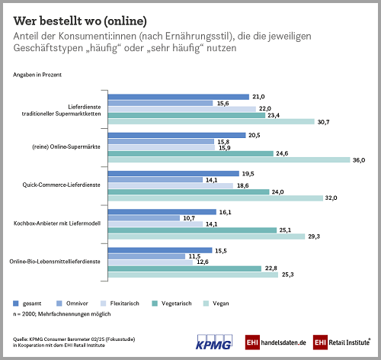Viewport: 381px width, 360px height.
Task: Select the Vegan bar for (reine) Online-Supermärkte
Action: click(x=229, y=159)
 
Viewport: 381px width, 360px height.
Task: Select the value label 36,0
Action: click(x=360, y=159)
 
